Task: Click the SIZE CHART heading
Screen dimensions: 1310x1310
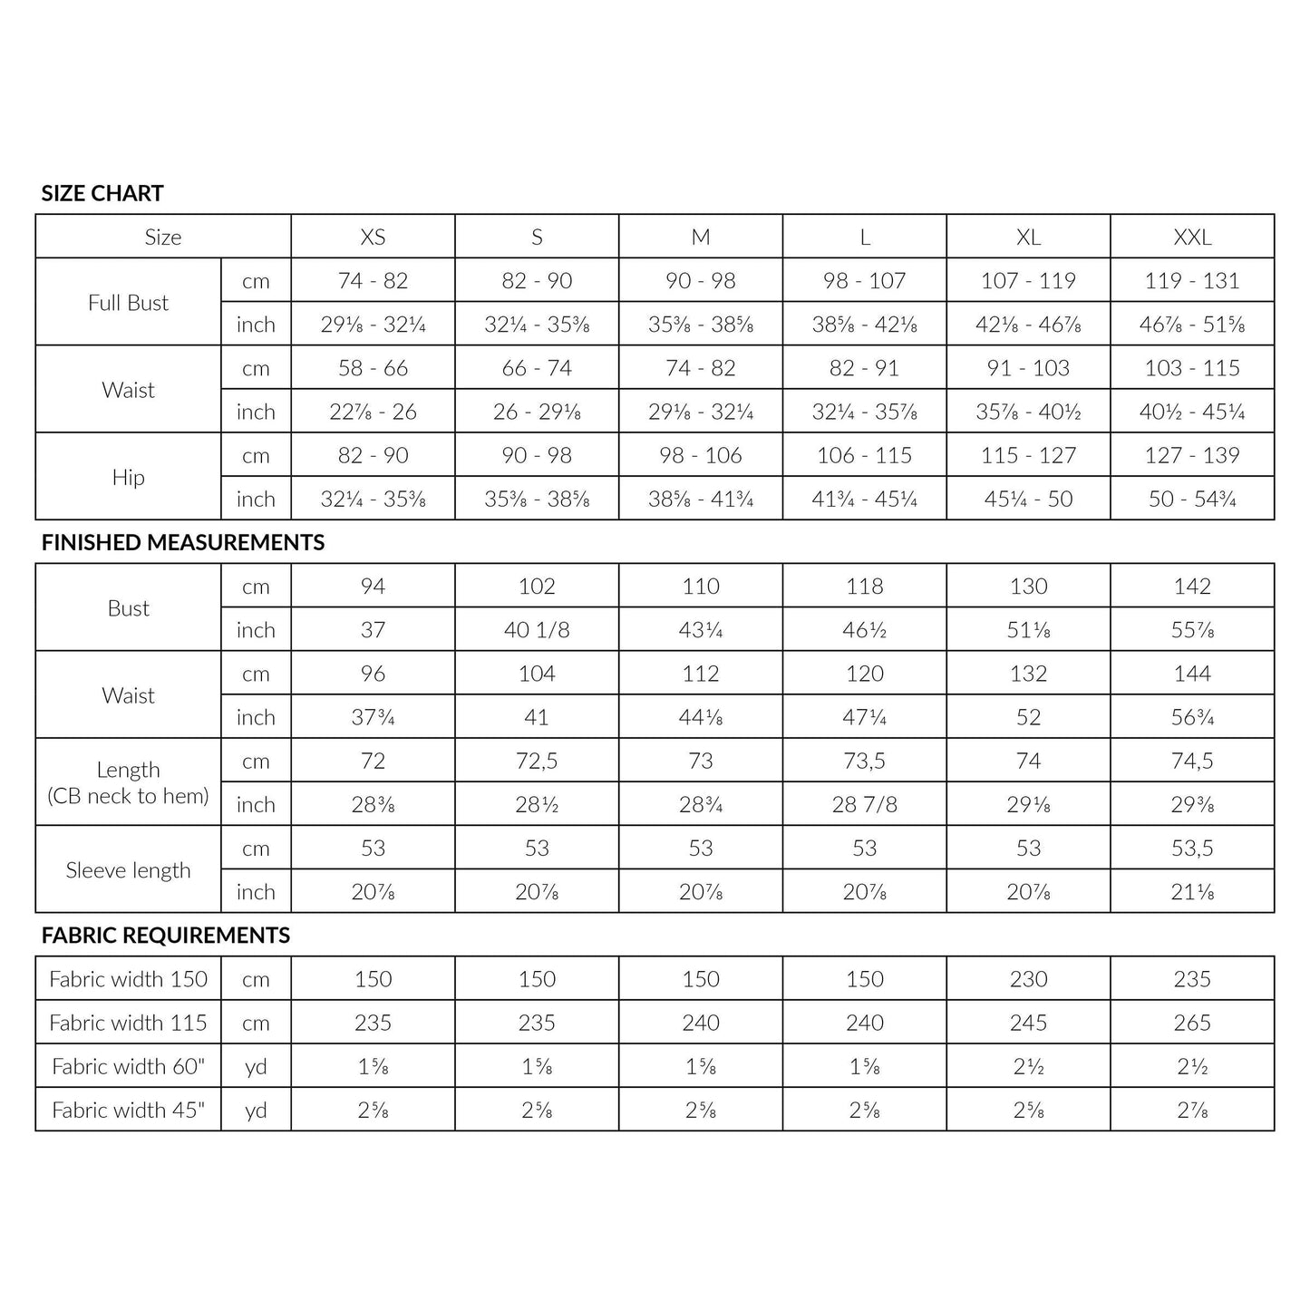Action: [x=102, y=193]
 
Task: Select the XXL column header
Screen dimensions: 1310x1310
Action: [x=1192, y=237]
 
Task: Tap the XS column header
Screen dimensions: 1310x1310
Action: [x=373, y=237]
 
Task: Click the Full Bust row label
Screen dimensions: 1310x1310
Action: [x=128, y=303]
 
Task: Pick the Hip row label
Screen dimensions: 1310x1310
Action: [x=128, y=478]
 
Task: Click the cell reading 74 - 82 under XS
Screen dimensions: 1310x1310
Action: [x=373, y=281]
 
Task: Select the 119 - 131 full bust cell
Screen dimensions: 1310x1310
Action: [x=1192, y=281]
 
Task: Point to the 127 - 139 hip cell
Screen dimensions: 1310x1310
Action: [x=1192, y=455]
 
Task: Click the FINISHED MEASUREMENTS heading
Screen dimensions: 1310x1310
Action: [x=183, y=542]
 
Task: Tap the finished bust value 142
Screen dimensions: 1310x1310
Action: [x=1192, y=587]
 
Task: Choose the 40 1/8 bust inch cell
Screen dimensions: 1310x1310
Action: [x=537, y=630]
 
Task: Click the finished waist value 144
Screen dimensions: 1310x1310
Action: [x=1192, y=674]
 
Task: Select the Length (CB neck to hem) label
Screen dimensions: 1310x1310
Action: [x=128, y=782]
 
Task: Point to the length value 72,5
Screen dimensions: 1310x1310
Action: [x=537, y=761]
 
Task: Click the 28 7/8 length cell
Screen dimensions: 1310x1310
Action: [x=864, y=804]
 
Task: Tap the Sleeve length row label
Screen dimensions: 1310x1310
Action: [x=128, y=870]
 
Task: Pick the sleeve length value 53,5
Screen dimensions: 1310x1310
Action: [x=1192, y=849]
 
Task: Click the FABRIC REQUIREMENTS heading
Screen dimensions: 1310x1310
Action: [x=166, y=936]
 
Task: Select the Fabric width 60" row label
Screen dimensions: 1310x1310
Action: [x=128, y=1066]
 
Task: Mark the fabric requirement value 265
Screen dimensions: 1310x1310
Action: [x=1192, y=1023]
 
